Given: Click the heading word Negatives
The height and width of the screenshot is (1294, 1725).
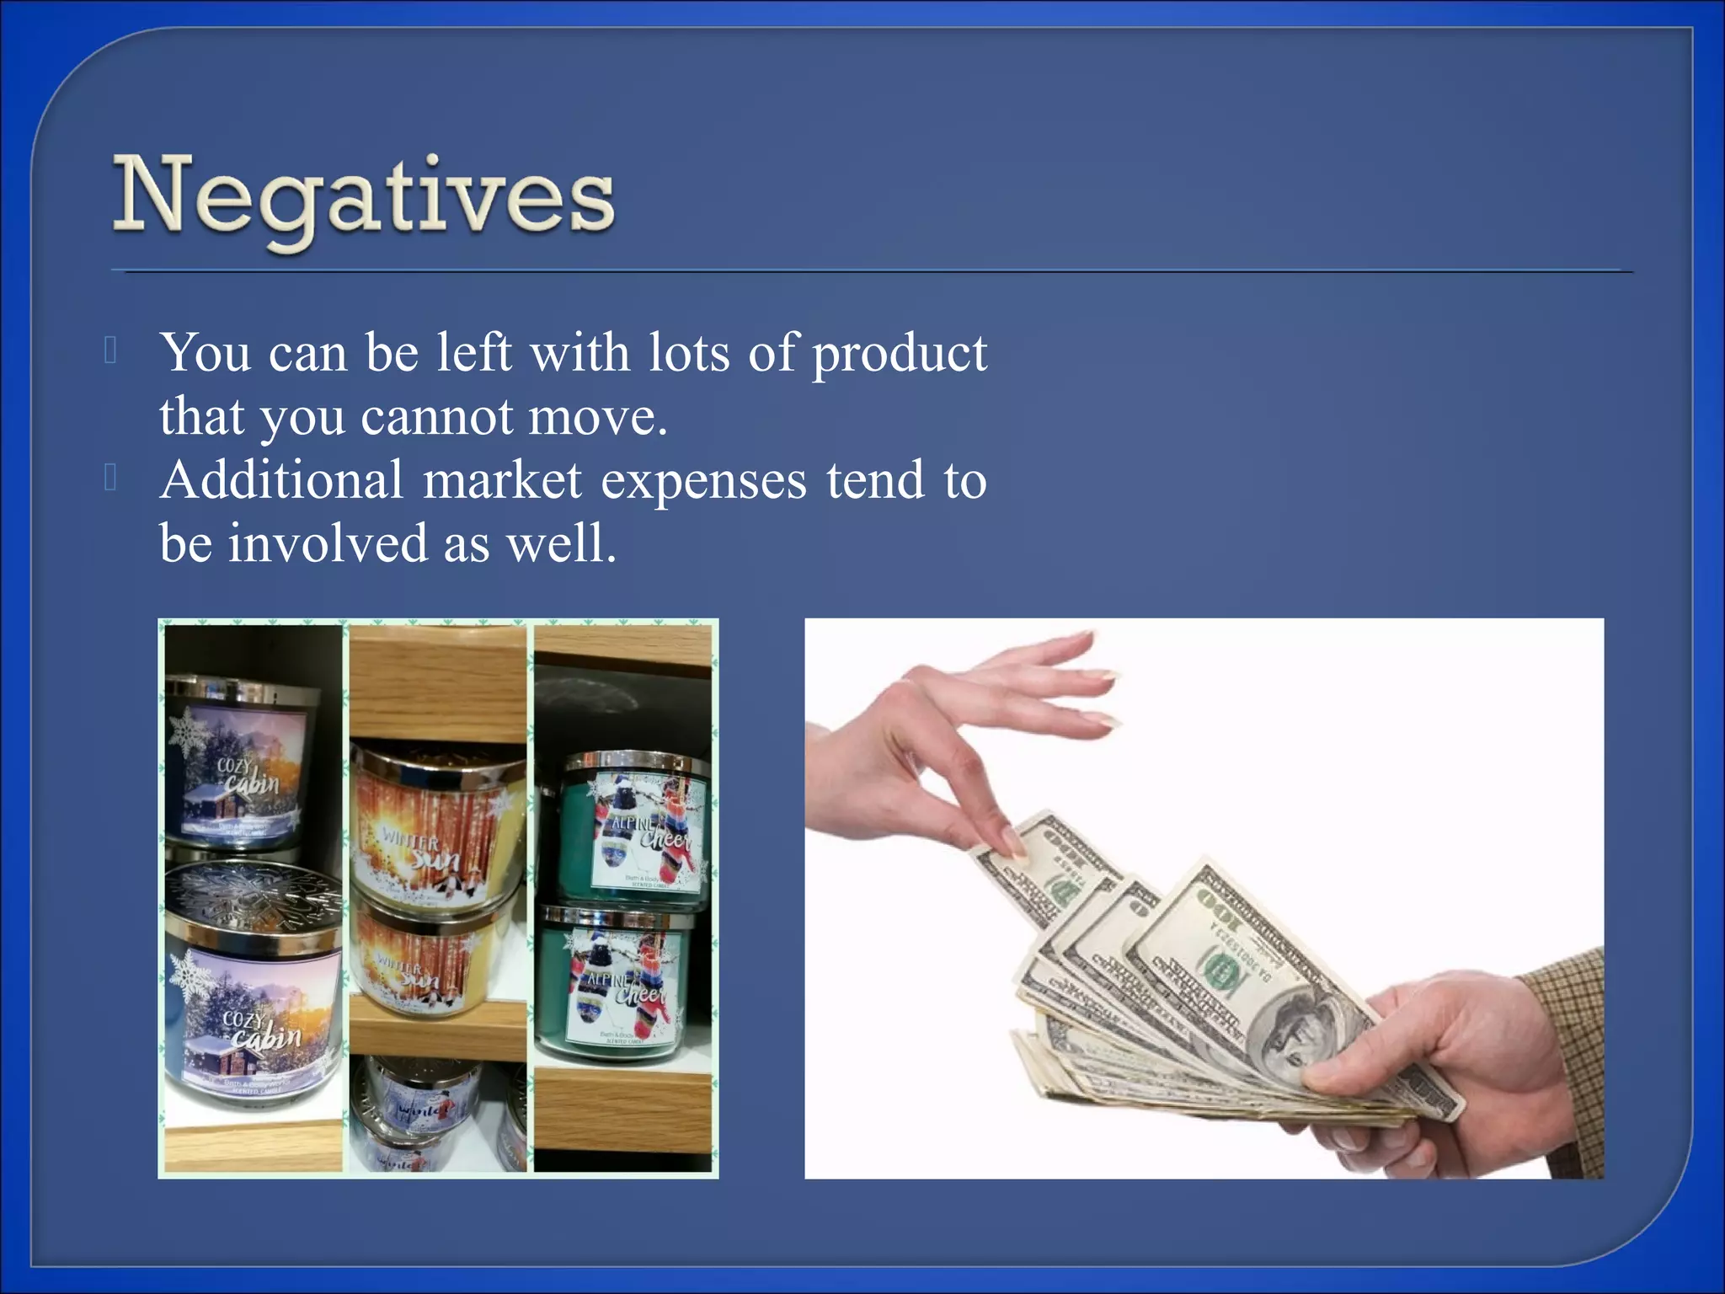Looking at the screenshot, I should pyautogui.click(x=364, y=198).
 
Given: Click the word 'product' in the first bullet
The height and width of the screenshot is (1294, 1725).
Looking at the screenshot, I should pyautogui.click(x=899, y=354).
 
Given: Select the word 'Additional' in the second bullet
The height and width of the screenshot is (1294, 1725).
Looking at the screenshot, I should pyautogui.click(x=282, y=480).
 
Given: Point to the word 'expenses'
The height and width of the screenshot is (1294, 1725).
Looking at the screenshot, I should pyautogui.click(x=703, y=482).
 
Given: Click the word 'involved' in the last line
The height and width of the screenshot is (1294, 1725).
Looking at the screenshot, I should pyautogui.click(x=328, y=543).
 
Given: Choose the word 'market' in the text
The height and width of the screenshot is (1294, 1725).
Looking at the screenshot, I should pyautogui.click(x=502, y=480).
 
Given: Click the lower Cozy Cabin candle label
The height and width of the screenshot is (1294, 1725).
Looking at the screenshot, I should pyautogui.click(x=257, y=1024).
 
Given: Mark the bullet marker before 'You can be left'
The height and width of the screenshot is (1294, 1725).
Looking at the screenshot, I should pyautogui.click(x=110, y=350).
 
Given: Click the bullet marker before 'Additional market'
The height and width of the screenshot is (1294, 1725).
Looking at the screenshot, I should pyautogui.click(x=110, y=479).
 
